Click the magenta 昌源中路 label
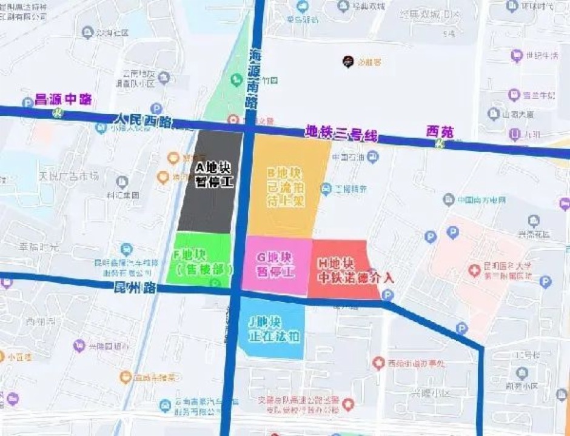pos(63,98)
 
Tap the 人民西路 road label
pos(143,121)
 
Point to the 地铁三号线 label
pos(340,132)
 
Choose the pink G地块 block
pos(277,265)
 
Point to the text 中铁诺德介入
pos(356,278)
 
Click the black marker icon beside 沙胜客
pos(348,61)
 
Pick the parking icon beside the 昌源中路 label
pos(27,102)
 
